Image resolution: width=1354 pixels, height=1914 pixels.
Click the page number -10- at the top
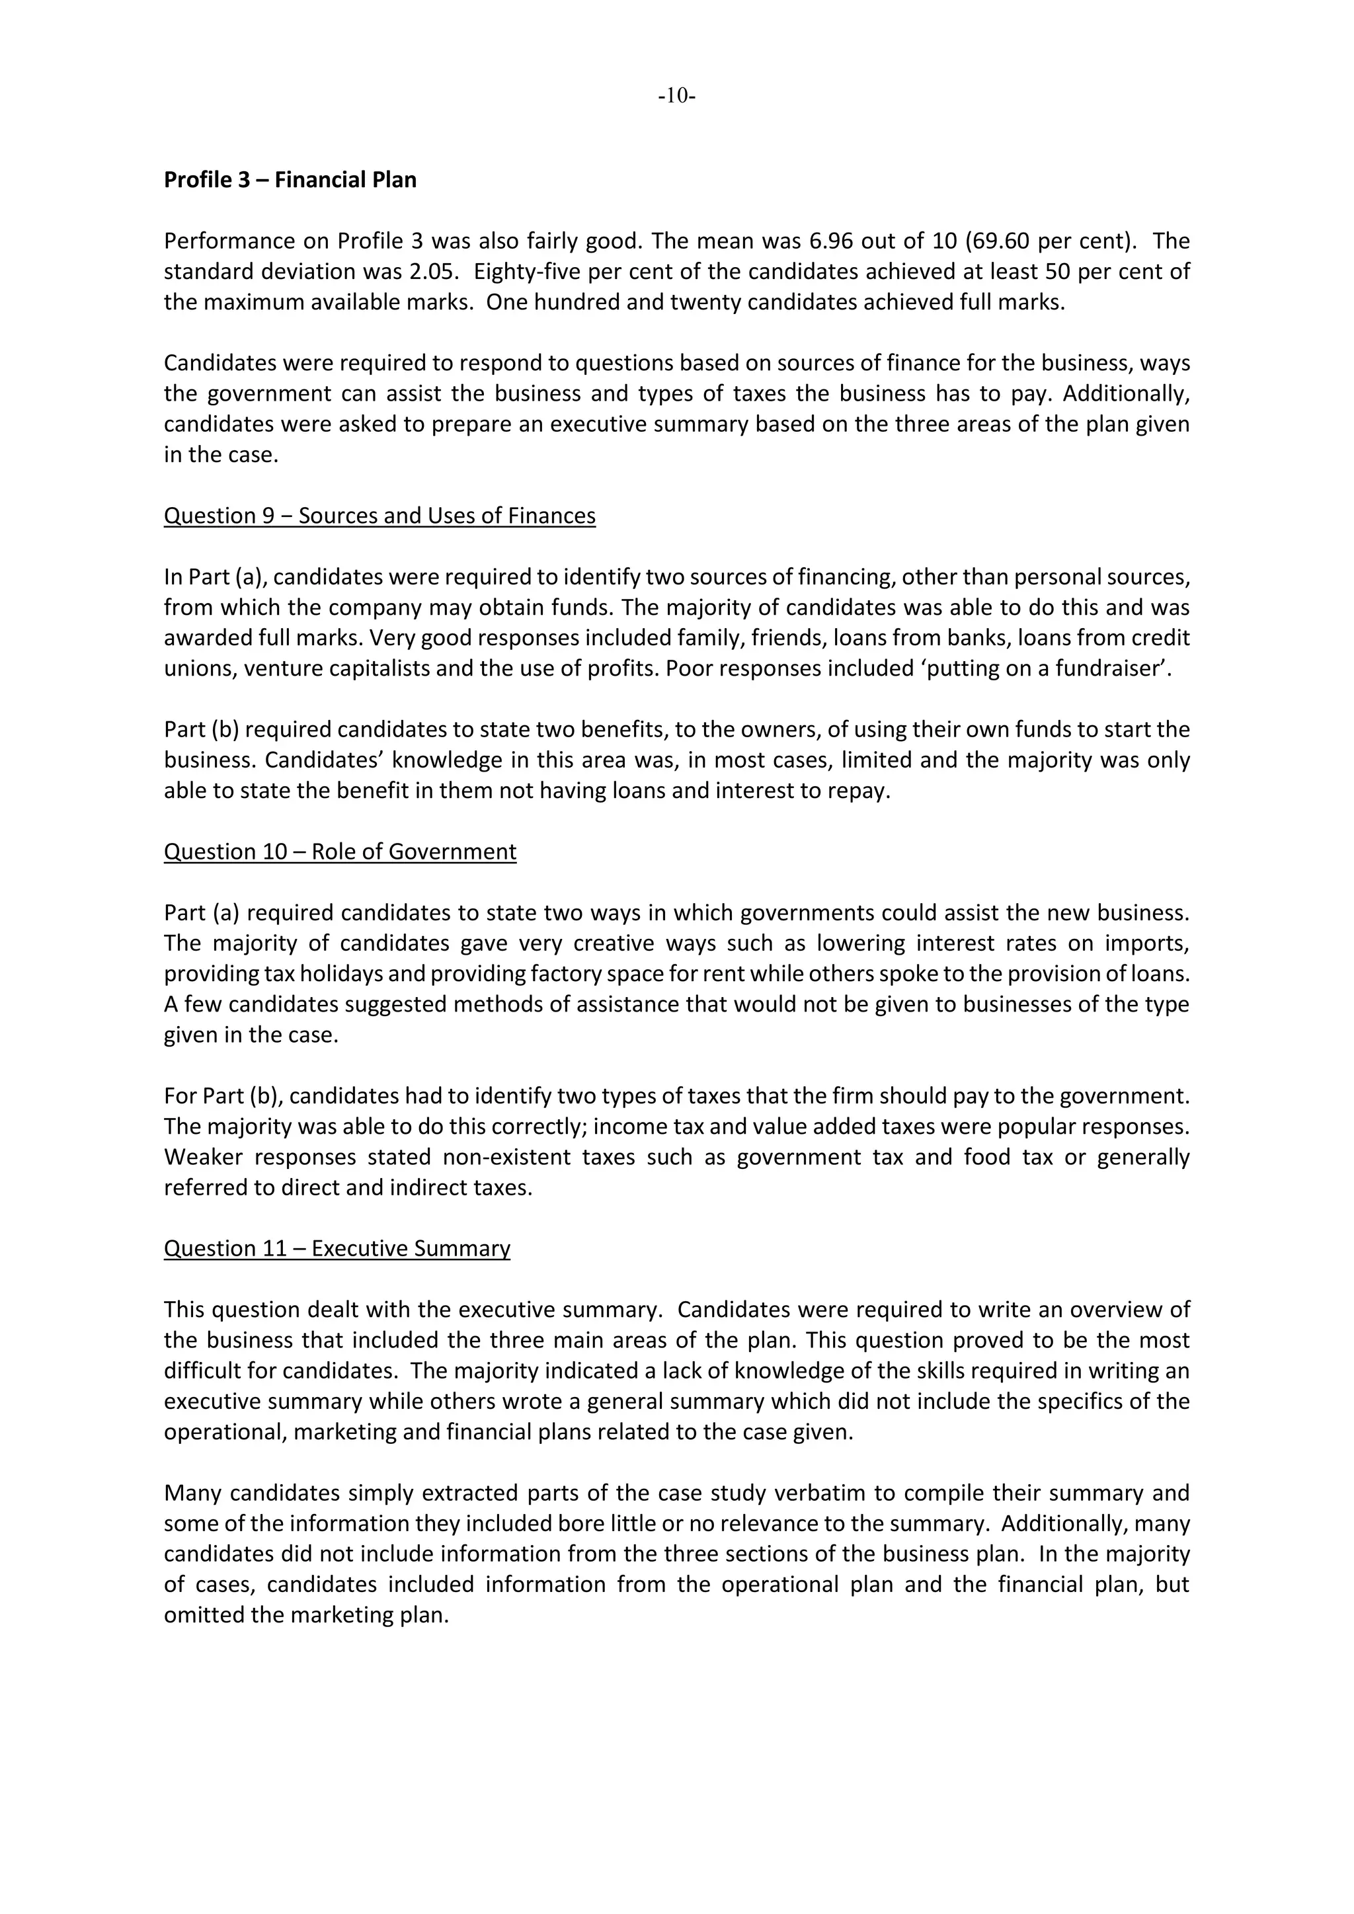[676, 96]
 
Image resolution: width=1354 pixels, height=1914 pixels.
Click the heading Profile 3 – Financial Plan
[290, 180]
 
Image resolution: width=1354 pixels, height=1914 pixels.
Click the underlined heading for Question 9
[379, 516]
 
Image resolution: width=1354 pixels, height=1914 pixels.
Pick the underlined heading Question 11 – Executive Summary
[337, 1249]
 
